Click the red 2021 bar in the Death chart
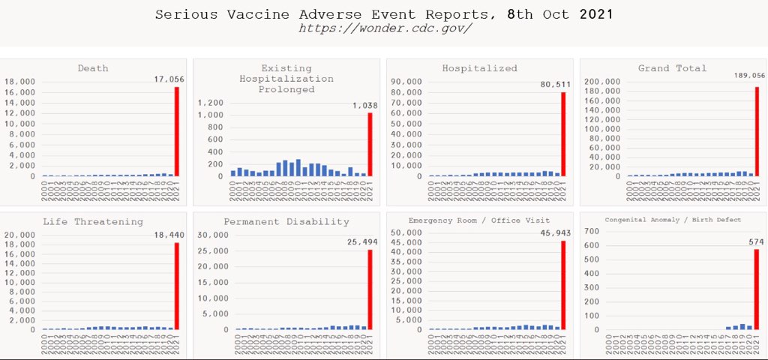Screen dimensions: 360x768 coord(177,131)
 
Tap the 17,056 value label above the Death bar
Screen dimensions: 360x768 coord(169,79)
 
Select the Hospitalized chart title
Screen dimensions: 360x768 coord(479,68)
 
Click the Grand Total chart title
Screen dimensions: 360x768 coord(672,68)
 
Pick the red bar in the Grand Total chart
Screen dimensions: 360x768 coord(757,131)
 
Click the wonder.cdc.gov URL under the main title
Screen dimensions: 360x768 coord(385,28)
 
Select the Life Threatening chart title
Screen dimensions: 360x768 coord(93,222)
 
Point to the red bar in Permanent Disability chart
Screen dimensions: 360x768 coord(370,289)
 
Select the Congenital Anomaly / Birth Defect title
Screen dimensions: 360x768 coord(673,220)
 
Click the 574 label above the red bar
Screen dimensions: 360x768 coord(757,242)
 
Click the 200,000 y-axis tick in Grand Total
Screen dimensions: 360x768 coord(602,82)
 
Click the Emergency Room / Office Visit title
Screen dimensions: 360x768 coord(479,220)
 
